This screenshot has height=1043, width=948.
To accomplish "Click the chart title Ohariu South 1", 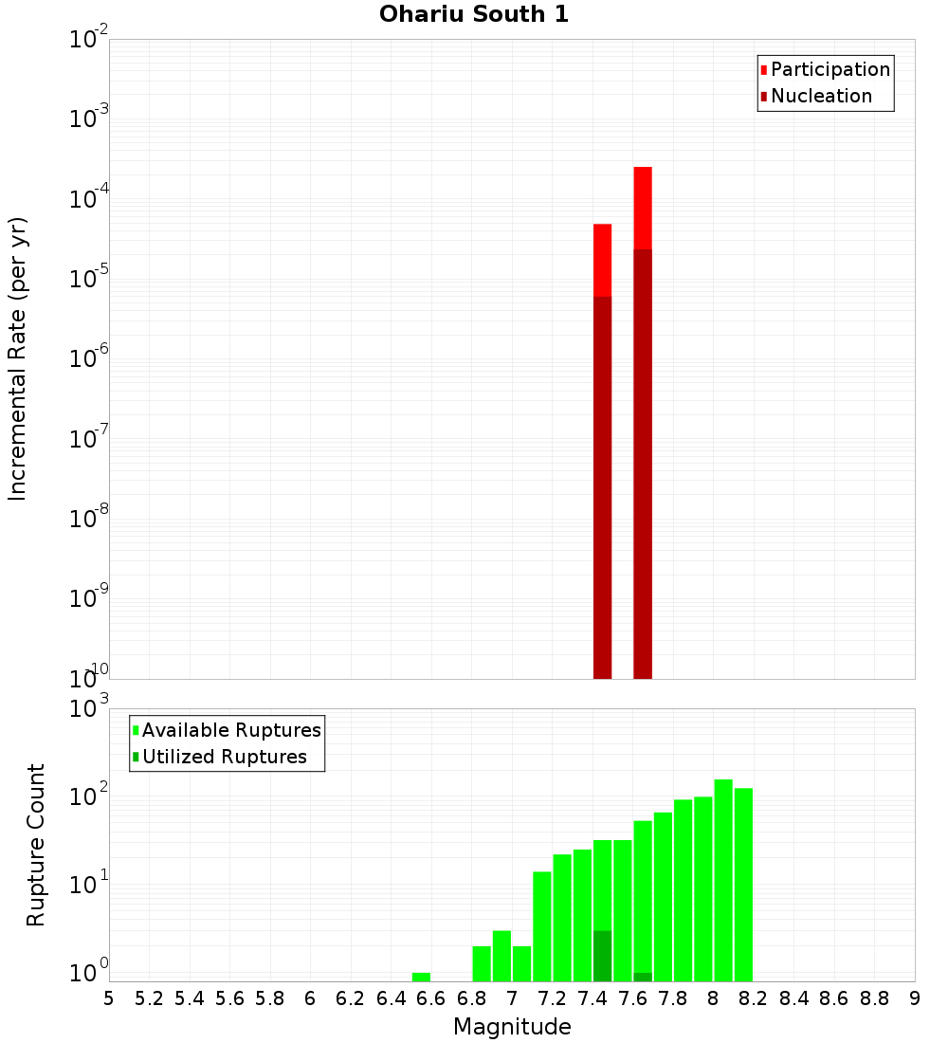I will pos(474,15).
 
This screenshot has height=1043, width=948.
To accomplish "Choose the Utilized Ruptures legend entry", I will pos(224,757).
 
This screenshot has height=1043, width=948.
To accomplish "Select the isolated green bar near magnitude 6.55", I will pos(421,977).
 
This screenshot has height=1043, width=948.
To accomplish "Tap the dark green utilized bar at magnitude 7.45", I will pos(602,956).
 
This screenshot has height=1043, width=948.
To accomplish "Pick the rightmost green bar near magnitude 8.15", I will pos(743,882).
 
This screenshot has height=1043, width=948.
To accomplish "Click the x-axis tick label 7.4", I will pos(592,998).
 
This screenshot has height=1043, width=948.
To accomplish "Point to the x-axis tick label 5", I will pos(109,998).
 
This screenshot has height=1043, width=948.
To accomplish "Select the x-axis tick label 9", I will pos(914,998).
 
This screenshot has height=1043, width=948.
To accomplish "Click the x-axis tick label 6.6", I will pos(431,998).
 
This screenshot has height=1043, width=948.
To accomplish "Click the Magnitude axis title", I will pos(512,1027).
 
